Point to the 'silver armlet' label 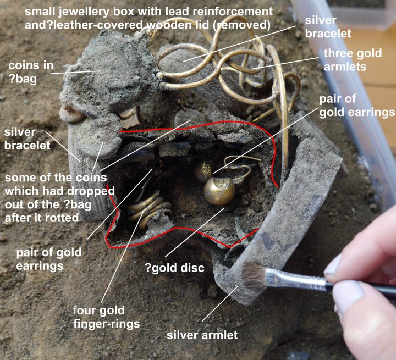point(203,335)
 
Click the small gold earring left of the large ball point(202,170)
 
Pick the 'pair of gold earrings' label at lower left point(49,259)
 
